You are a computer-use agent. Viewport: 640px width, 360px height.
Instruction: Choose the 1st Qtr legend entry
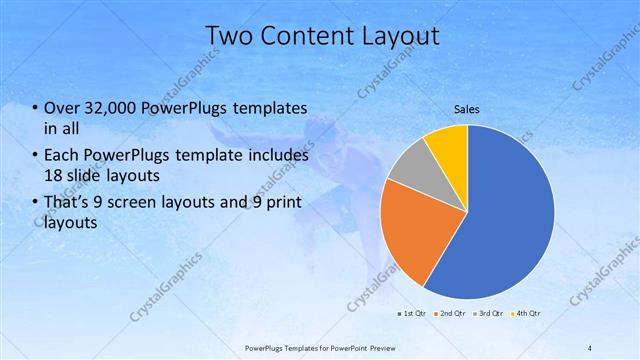[414, 314]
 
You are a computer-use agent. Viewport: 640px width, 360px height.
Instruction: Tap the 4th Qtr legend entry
[527, 314]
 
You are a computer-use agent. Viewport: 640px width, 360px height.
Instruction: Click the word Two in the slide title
[231, 37]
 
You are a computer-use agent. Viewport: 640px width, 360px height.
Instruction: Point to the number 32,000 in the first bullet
[113, 108]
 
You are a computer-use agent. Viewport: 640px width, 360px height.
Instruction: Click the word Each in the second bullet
[63, 156]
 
